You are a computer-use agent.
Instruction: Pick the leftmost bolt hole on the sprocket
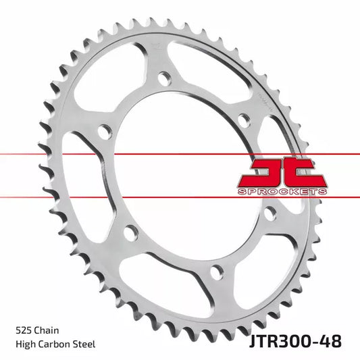pos(105,132)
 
